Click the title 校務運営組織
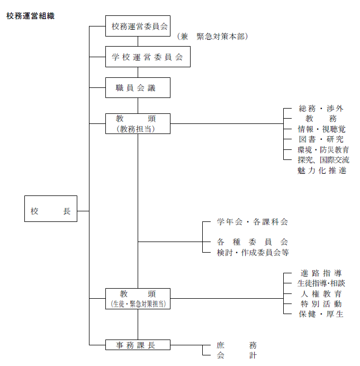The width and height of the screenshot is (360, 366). coord(30,16)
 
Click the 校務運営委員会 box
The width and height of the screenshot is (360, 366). coord(138,26)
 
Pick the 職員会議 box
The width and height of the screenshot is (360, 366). coord(138,88)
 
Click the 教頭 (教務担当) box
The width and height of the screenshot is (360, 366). coord(138,123)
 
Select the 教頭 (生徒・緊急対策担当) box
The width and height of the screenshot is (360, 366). coord(138,299)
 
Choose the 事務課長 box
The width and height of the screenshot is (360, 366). coord(138,345)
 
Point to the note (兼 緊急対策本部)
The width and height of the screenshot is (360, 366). coord(213,37)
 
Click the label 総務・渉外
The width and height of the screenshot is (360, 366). coord(321,109)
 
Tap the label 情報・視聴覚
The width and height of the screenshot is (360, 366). coord(321,129)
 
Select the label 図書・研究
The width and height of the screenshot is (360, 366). coord(321,139)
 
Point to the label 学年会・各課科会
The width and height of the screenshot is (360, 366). coord(253,221)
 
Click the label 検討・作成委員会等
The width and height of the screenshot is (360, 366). coord(253,253)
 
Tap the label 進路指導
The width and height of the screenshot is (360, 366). coord(321,273)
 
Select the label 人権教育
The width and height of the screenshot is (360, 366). coord(321,294)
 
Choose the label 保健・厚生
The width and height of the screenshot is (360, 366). coord(321,314)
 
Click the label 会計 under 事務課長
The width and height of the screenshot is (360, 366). coord(236,355)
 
